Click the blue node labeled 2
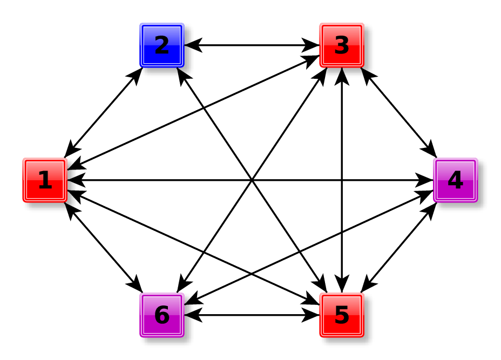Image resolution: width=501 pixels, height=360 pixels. pyautogui.click(x=162, y=45)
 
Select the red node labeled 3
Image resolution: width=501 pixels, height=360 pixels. pyautogui.click(x=342, y=45)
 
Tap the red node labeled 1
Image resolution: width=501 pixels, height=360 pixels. pyautogui.click(x=45, y=180)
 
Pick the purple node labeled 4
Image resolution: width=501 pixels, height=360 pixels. pyautogui.click(x=455, y=180)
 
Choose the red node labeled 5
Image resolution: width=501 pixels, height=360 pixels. pyautogui.click(x=342, y=315)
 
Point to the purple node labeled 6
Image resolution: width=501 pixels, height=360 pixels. pyautogui.click(x=162, y=315)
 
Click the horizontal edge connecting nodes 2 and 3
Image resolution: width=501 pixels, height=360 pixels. pyautogui.click(x=252, y=45)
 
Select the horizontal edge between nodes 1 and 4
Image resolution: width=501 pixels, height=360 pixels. pyautogui.click(x=162, y=180)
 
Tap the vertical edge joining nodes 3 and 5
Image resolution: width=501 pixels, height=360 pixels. pyautogui.click(x=342, y=135)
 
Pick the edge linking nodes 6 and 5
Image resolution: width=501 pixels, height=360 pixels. pyautogui.click(x=252, y=315)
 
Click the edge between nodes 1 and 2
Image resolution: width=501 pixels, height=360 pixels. pyautogui.click(x=103, y=113)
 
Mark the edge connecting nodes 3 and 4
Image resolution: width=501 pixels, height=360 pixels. pyautogui.click(x=398, y=113)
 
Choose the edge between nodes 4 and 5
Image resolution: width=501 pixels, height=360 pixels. pyautogui.click(x=398, y=248)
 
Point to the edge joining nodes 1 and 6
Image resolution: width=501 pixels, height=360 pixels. pyautogui.click(x=103, y=248)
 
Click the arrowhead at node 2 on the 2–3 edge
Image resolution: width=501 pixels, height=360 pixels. pyautogui.click(x=192, y=45)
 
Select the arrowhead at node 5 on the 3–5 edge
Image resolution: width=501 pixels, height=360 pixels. pyautogui.click(x=342, y=286)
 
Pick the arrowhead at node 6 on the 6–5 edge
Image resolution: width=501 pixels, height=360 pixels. pyautogui.click(x=192, y=315)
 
